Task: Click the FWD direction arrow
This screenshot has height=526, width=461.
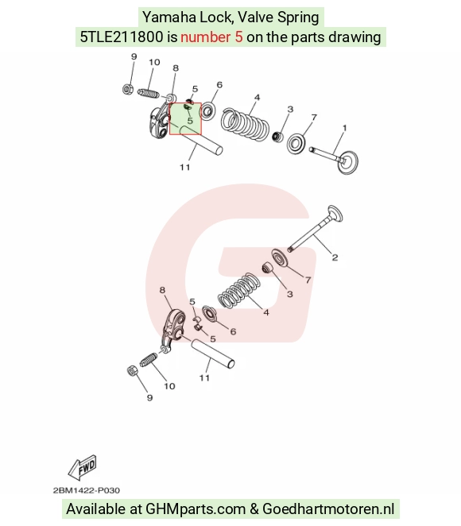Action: tap(83, 467)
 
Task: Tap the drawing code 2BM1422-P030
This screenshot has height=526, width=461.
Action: tap(87, 490)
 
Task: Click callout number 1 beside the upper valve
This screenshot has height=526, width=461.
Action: tap(344, 128)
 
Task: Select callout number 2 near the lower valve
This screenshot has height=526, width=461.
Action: tap(335, 257)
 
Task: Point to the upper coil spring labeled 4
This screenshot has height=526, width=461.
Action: tap(245, 123)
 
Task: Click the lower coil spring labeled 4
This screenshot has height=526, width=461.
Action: tap(239, 291)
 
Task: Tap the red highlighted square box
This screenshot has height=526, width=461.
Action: tap(185, 118)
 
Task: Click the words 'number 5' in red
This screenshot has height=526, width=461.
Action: tap(211, 37)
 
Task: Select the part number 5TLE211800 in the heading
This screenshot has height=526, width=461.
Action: tap(122, 37)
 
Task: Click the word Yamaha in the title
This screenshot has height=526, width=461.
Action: tap(169, 17)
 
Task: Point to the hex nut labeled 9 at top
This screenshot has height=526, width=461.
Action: tap(127, 89)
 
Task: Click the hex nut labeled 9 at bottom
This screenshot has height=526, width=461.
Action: tap(132, 371)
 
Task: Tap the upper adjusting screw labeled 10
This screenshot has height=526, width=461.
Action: tap(149, 93)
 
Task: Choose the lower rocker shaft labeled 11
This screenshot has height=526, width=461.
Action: tap(212, 354)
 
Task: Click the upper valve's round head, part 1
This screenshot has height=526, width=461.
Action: tap(347, 162)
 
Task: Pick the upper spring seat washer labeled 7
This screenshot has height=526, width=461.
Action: tap(296, 144)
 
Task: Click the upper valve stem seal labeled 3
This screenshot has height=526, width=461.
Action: tap(277, 137)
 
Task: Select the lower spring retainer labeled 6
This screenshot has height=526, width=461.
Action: tap(209, 313)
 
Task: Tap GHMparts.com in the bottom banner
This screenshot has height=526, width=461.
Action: tap(196, 509)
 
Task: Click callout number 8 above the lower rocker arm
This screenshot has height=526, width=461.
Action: tap(162, 290)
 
